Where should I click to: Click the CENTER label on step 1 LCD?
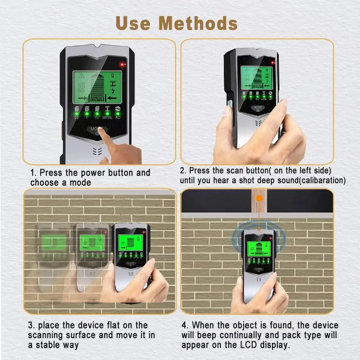click(x=97, y=99)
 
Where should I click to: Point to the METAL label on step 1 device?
click(x=107, y=118)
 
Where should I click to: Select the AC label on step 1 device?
click(x=118, y=118)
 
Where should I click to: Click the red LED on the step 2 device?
click(x=272, y=63)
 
